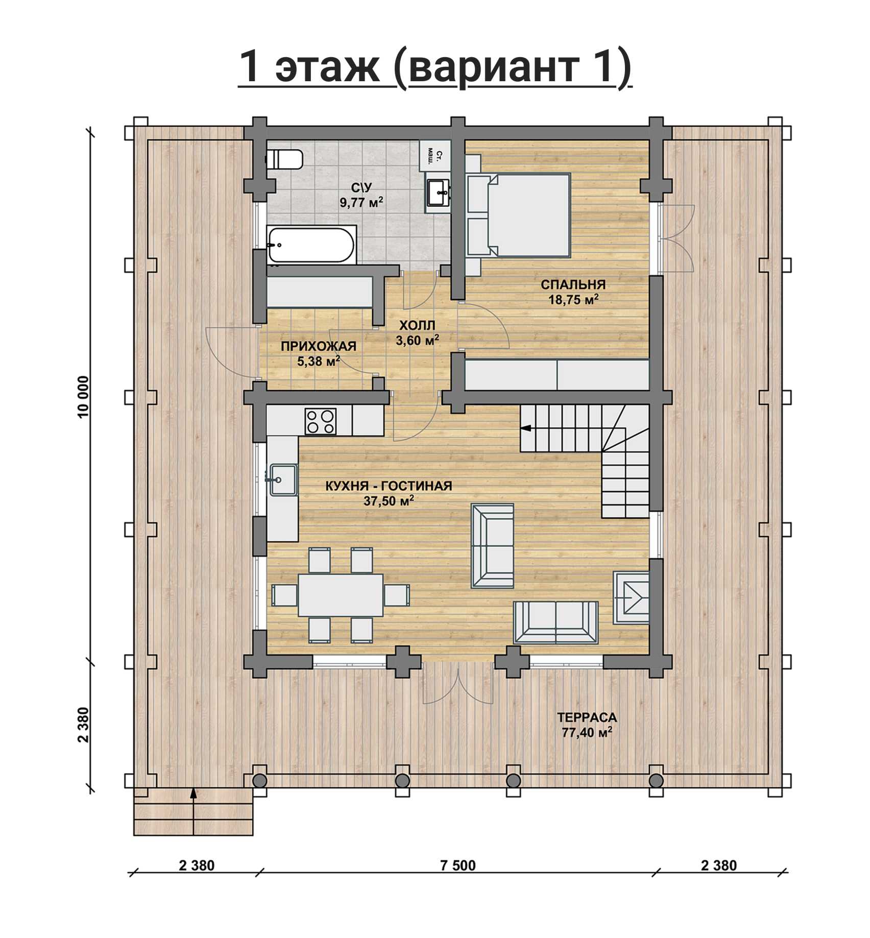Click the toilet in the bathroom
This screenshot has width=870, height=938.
284,159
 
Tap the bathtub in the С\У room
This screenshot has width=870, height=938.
311,245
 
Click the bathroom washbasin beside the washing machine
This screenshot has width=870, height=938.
439,193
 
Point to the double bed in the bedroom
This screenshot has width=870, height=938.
529,215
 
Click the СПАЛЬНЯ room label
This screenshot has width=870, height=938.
573,284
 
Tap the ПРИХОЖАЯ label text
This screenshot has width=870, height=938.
318,346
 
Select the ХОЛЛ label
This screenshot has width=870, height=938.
417,325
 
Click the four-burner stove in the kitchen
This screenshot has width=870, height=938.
320,421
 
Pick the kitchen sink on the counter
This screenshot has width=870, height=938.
283,479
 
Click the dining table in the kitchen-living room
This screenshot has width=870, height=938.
341,595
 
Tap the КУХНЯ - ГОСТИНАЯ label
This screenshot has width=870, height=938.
389,486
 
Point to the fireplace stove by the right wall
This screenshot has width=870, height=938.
631,597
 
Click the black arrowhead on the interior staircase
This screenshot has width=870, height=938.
526,428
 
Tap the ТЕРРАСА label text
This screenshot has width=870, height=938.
587,717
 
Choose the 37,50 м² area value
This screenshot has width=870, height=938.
388,501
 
